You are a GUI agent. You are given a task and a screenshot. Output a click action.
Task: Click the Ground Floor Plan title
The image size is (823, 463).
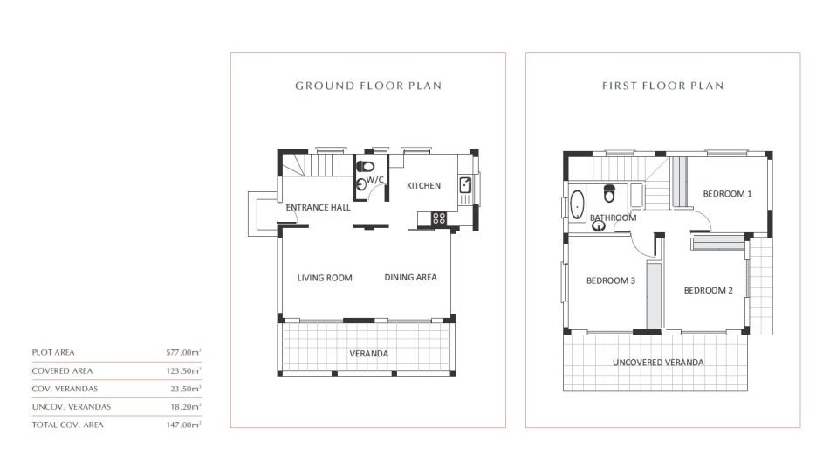[368, 86]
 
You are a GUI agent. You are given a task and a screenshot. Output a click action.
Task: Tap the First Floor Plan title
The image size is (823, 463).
[663, 86]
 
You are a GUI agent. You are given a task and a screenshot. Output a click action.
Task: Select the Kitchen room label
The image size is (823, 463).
[423, 185]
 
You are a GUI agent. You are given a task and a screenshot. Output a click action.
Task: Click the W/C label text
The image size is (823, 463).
[374, 180]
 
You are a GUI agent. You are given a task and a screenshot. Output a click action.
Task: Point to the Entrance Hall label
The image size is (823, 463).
[318, 208]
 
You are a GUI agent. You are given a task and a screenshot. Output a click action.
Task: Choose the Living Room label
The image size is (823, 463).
[325, 278]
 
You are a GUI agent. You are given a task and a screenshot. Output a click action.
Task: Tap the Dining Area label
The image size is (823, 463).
[410, 278]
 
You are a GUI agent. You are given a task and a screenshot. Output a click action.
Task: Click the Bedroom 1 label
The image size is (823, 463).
[728, 194]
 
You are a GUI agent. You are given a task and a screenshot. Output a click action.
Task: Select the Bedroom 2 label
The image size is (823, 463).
[709, 291]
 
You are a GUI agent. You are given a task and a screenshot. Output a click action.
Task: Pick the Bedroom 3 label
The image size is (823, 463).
[611, 280]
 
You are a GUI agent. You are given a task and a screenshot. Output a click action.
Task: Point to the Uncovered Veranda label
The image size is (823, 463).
[658, 363]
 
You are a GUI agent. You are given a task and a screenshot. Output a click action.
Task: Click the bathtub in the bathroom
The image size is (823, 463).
[578, 205]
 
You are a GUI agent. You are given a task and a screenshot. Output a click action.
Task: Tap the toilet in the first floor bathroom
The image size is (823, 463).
[609, 193]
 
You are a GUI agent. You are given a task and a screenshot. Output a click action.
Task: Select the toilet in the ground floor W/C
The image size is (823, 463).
[366, 167]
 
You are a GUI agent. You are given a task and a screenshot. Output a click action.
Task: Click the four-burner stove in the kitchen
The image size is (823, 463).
[439, 218]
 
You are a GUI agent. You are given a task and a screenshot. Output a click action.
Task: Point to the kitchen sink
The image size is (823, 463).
[465, 185]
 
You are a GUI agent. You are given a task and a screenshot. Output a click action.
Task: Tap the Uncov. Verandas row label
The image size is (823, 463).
[72, 407]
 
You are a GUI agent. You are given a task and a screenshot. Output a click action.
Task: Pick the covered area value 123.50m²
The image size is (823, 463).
[183, 370]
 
